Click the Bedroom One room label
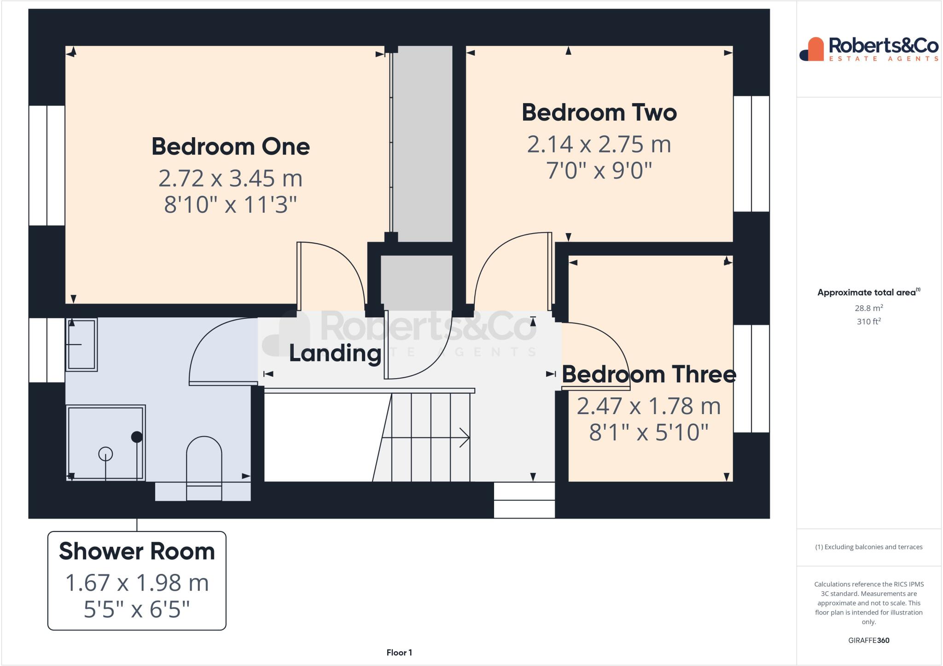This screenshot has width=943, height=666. coord(230,146)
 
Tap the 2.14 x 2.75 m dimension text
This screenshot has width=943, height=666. coord(599,144)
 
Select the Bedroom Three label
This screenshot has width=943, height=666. coord(648,374)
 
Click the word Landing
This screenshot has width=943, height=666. coord(335,353)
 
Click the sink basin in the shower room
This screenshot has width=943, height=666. coord(81,344)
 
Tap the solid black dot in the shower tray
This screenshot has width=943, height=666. coord(137,437)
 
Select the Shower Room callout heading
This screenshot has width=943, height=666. coord(137,551)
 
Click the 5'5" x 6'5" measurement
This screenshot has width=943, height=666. coord(137,609)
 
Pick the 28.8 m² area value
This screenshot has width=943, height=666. coord(868,308)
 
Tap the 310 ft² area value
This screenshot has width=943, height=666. coord(868,321)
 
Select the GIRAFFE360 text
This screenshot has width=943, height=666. coord(868,640)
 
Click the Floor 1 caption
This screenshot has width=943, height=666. coord(399,653)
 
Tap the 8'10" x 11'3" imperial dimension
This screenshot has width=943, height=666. coord(230,204)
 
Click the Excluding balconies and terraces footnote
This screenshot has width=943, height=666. coord(868,547)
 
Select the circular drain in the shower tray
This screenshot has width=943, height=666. coord(105,454)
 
